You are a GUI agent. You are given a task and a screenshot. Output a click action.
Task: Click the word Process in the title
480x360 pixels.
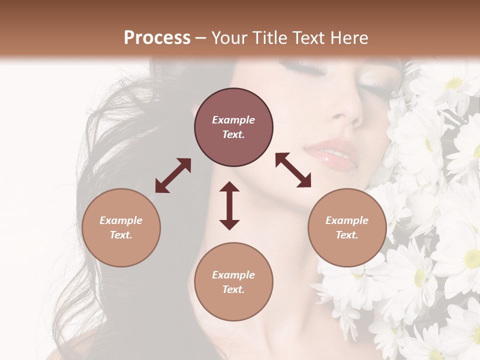(x=157, y=38)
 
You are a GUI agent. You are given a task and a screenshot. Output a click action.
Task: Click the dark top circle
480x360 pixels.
(x=233, y=127)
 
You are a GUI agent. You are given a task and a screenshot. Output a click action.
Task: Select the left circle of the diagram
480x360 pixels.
(x=121, y=227)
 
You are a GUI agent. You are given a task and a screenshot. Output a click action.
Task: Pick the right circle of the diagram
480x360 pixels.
(x=347, y=227)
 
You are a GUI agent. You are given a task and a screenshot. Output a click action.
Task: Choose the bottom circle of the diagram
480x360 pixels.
(x=233, y=282)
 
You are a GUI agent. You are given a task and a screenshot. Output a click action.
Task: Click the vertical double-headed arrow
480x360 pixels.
(x=229, y=205)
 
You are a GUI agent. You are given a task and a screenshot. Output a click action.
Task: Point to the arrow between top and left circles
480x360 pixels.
(x=173, y=175)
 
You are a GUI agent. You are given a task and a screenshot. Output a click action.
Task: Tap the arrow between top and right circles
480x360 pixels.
(x=293, y=170)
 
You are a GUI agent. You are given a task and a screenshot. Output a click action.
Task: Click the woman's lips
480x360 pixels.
(x=332, y=153)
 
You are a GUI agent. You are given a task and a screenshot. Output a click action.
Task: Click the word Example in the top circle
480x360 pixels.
(x=233, y=120)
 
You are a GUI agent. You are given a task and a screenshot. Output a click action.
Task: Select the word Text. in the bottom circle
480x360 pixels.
(x=233, y=289)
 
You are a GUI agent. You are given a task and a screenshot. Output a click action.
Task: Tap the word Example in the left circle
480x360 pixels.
(x=121, y=220)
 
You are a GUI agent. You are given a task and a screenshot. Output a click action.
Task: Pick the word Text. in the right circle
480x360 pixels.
(x=347, y=235)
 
